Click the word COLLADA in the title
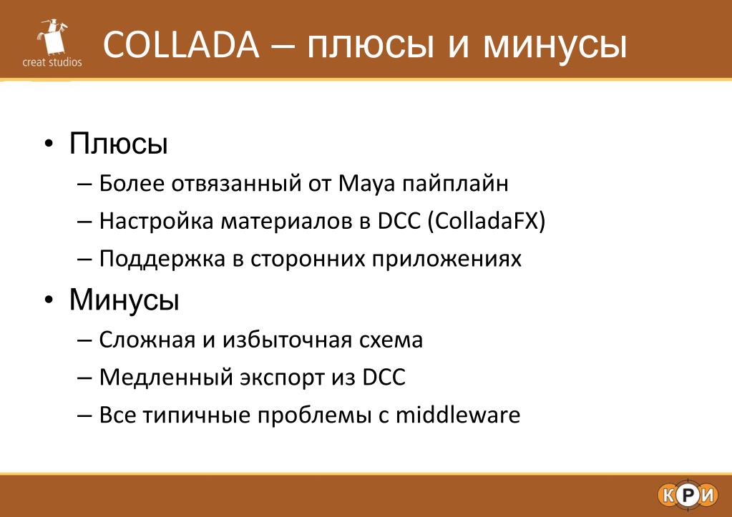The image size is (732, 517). pos(180,45)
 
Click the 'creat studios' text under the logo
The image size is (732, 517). pos(52,62)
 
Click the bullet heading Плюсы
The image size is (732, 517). pos(119,143)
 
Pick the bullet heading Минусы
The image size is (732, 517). pos(125,299)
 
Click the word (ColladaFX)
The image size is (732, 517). pos(487,221)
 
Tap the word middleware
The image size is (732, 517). pos(458,414)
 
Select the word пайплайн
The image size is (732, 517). pos(455,184)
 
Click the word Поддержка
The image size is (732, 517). pos(162,259)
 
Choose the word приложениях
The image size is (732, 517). pos(446,259)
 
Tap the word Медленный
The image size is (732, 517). pos(166,377)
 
